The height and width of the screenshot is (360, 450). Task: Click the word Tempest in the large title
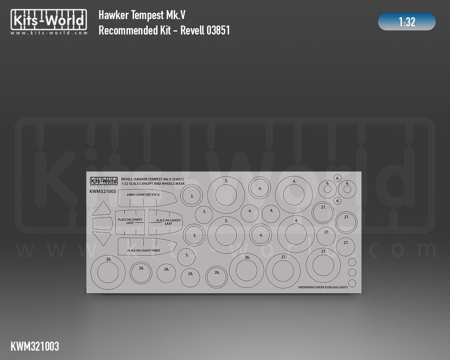pos(147,15)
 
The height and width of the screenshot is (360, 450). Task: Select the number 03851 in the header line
pos(218,30)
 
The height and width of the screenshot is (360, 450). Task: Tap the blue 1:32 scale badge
pos(407,22)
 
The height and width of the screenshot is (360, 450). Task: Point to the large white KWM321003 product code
pos(35,346)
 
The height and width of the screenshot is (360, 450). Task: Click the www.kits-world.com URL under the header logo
pos(49,33)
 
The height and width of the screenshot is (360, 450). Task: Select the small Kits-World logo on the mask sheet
pos(104,181)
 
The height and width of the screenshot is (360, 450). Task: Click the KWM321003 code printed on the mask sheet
pos(103,191)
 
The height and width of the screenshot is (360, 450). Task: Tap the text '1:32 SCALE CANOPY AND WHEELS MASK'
pos(153,184)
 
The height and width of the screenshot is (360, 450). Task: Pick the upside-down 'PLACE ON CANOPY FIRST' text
pos(143,195)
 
